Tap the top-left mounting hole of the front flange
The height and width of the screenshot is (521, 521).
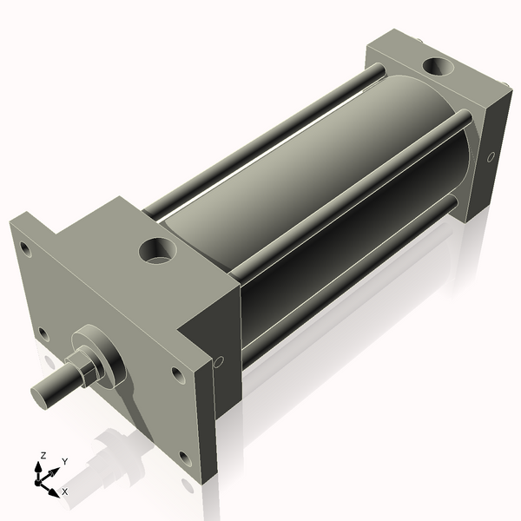point(25,249)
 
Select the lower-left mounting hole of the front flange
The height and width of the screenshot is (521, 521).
point(43,331)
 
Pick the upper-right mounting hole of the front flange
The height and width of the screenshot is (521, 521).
point(177,374)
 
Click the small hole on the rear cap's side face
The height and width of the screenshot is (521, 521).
point(491,157)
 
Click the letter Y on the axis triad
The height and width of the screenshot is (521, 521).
point(64,461)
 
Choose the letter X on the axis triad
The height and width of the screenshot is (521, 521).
point(65,491)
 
